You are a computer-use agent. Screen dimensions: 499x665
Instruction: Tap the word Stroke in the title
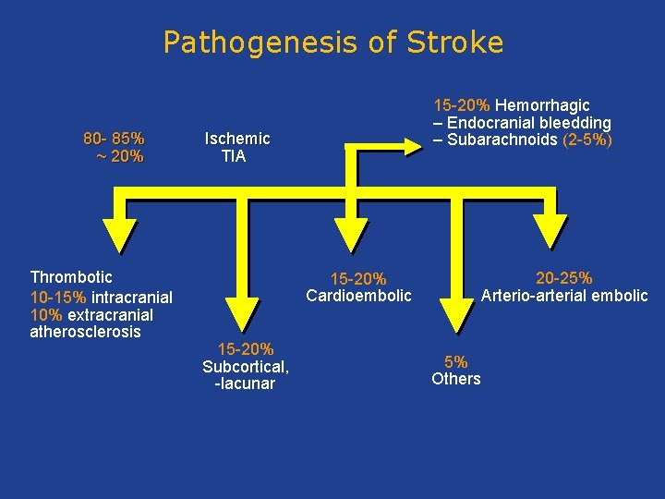point(454,43)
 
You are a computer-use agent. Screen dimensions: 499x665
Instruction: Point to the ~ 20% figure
point(119,156)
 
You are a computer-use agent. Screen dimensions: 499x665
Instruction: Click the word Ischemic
point(237,139)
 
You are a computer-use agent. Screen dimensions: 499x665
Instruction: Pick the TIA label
point(234,156)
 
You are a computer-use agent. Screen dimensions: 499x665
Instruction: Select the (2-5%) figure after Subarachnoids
point(587,140)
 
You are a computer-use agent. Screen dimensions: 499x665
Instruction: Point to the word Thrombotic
point(71,277)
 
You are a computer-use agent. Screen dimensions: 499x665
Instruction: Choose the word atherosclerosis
point(86,332)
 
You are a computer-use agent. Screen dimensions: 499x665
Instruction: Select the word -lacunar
point(245,383)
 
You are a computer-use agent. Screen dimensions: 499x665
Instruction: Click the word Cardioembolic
point(358,296)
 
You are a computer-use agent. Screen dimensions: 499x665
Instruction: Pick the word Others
point(456,379)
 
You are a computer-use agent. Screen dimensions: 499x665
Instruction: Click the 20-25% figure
point(564,278)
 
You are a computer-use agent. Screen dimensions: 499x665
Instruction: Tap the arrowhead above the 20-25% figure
point(553,230)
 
